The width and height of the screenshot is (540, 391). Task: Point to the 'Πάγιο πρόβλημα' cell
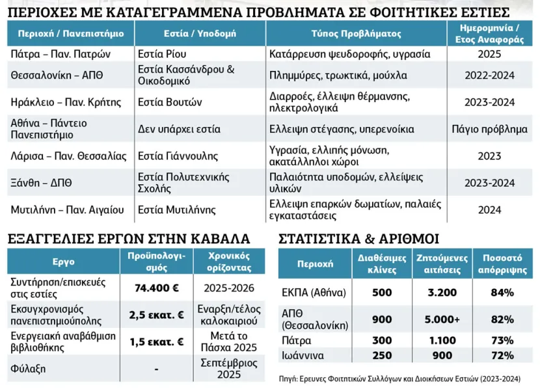(489, 129)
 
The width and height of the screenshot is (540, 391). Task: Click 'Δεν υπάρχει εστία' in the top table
(180, 129)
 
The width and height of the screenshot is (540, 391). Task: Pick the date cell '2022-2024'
(489, 75)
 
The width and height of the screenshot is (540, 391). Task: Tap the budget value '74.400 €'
(156, 288)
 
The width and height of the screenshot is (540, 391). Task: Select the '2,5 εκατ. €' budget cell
(156, 315)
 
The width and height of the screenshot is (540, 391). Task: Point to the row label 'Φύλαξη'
(27, 368)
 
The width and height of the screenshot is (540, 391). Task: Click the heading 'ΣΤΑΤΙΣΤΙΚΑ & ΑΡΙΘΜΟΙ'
(358, 238)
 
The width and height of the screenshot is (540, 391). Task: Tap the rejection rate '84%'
(502, 292)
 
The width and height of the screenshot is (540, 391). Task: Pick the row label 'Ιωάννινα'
(304, 355)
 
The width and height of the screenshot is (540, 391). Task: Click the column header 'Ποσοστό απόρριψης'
(502, 263)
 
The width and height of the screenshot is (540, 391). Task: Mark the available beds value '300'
(382, 340)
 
